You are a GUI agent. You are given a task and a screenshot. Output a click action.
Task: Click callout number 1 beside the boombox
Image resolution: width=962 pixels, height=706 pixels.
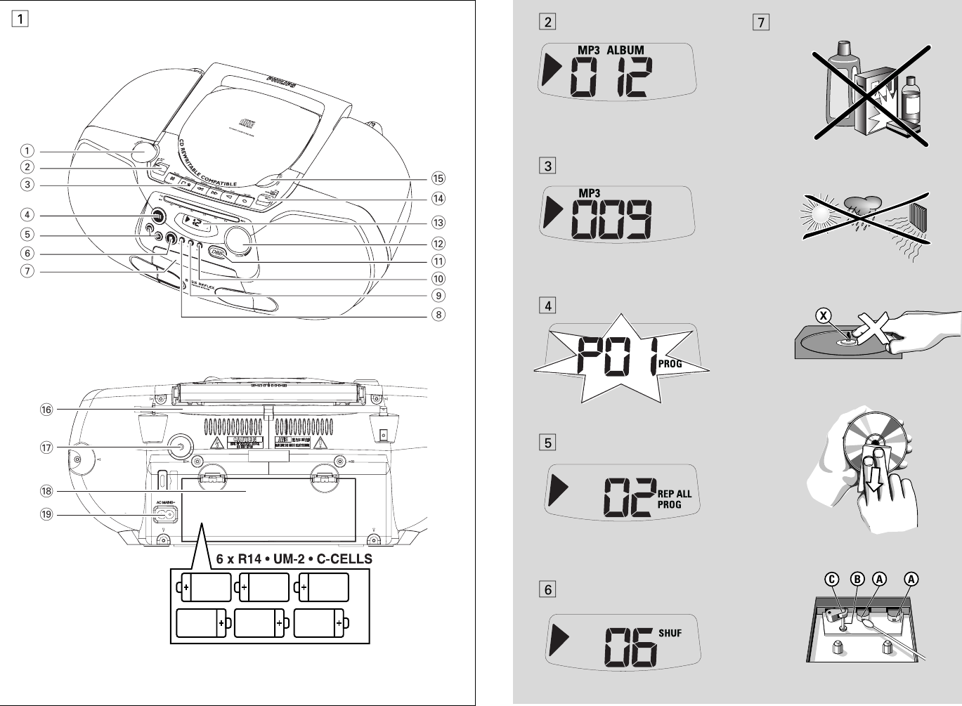27,151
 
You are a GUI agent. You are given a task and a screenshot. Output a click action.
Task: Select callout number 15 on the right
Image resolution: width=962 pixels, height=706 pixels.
438,178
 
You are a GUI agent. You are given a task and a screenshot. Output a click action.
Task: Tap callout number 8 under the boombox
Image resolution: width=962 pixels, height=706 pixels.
438,315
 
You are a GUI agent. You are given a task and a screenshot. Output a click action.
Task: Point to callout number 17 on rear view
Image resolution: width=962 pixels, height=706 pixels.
46,447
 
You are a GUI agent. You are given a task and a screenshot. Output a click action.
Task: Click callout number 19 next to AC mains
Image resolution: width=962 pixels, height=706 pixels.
46,514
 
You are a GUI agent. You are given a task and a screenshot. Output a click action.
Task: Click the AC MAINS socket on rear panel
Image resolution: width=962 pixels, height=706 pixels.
167,515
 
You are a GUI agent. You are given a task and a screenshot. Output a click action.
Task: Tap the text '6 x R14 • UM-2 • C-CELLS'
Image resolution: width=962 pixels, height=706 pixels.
294,559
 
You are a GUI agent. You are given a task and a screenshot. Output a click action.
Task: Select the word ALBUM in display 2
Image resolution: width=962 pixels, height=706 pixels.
625,50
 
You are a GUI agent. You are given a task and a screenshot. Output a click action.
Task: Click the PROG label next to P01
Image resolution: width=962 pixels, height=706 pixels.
670,365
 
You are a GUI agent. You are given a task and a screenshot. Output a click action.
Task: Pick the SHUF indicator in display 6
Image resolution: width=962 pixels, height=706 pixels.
670,633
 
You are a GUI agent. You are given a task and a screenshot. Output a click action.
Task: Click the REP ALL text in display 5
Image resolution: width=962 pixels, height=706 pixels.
675,494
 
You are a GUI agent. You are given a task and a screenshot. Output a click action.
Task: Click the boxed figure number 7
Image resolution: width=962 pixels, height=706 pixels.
760,22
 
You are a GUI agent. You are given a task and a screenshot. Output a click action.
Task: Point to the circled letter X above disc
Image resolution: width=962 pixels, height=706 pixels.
823,315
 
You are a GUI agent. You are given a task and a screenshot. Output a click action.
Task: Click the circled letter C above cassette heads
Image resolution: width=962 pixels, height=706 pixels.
831,580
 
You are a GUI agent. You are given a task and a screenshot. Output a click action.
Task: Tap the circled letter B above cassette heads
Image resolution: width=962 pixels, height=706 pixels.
857,580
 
